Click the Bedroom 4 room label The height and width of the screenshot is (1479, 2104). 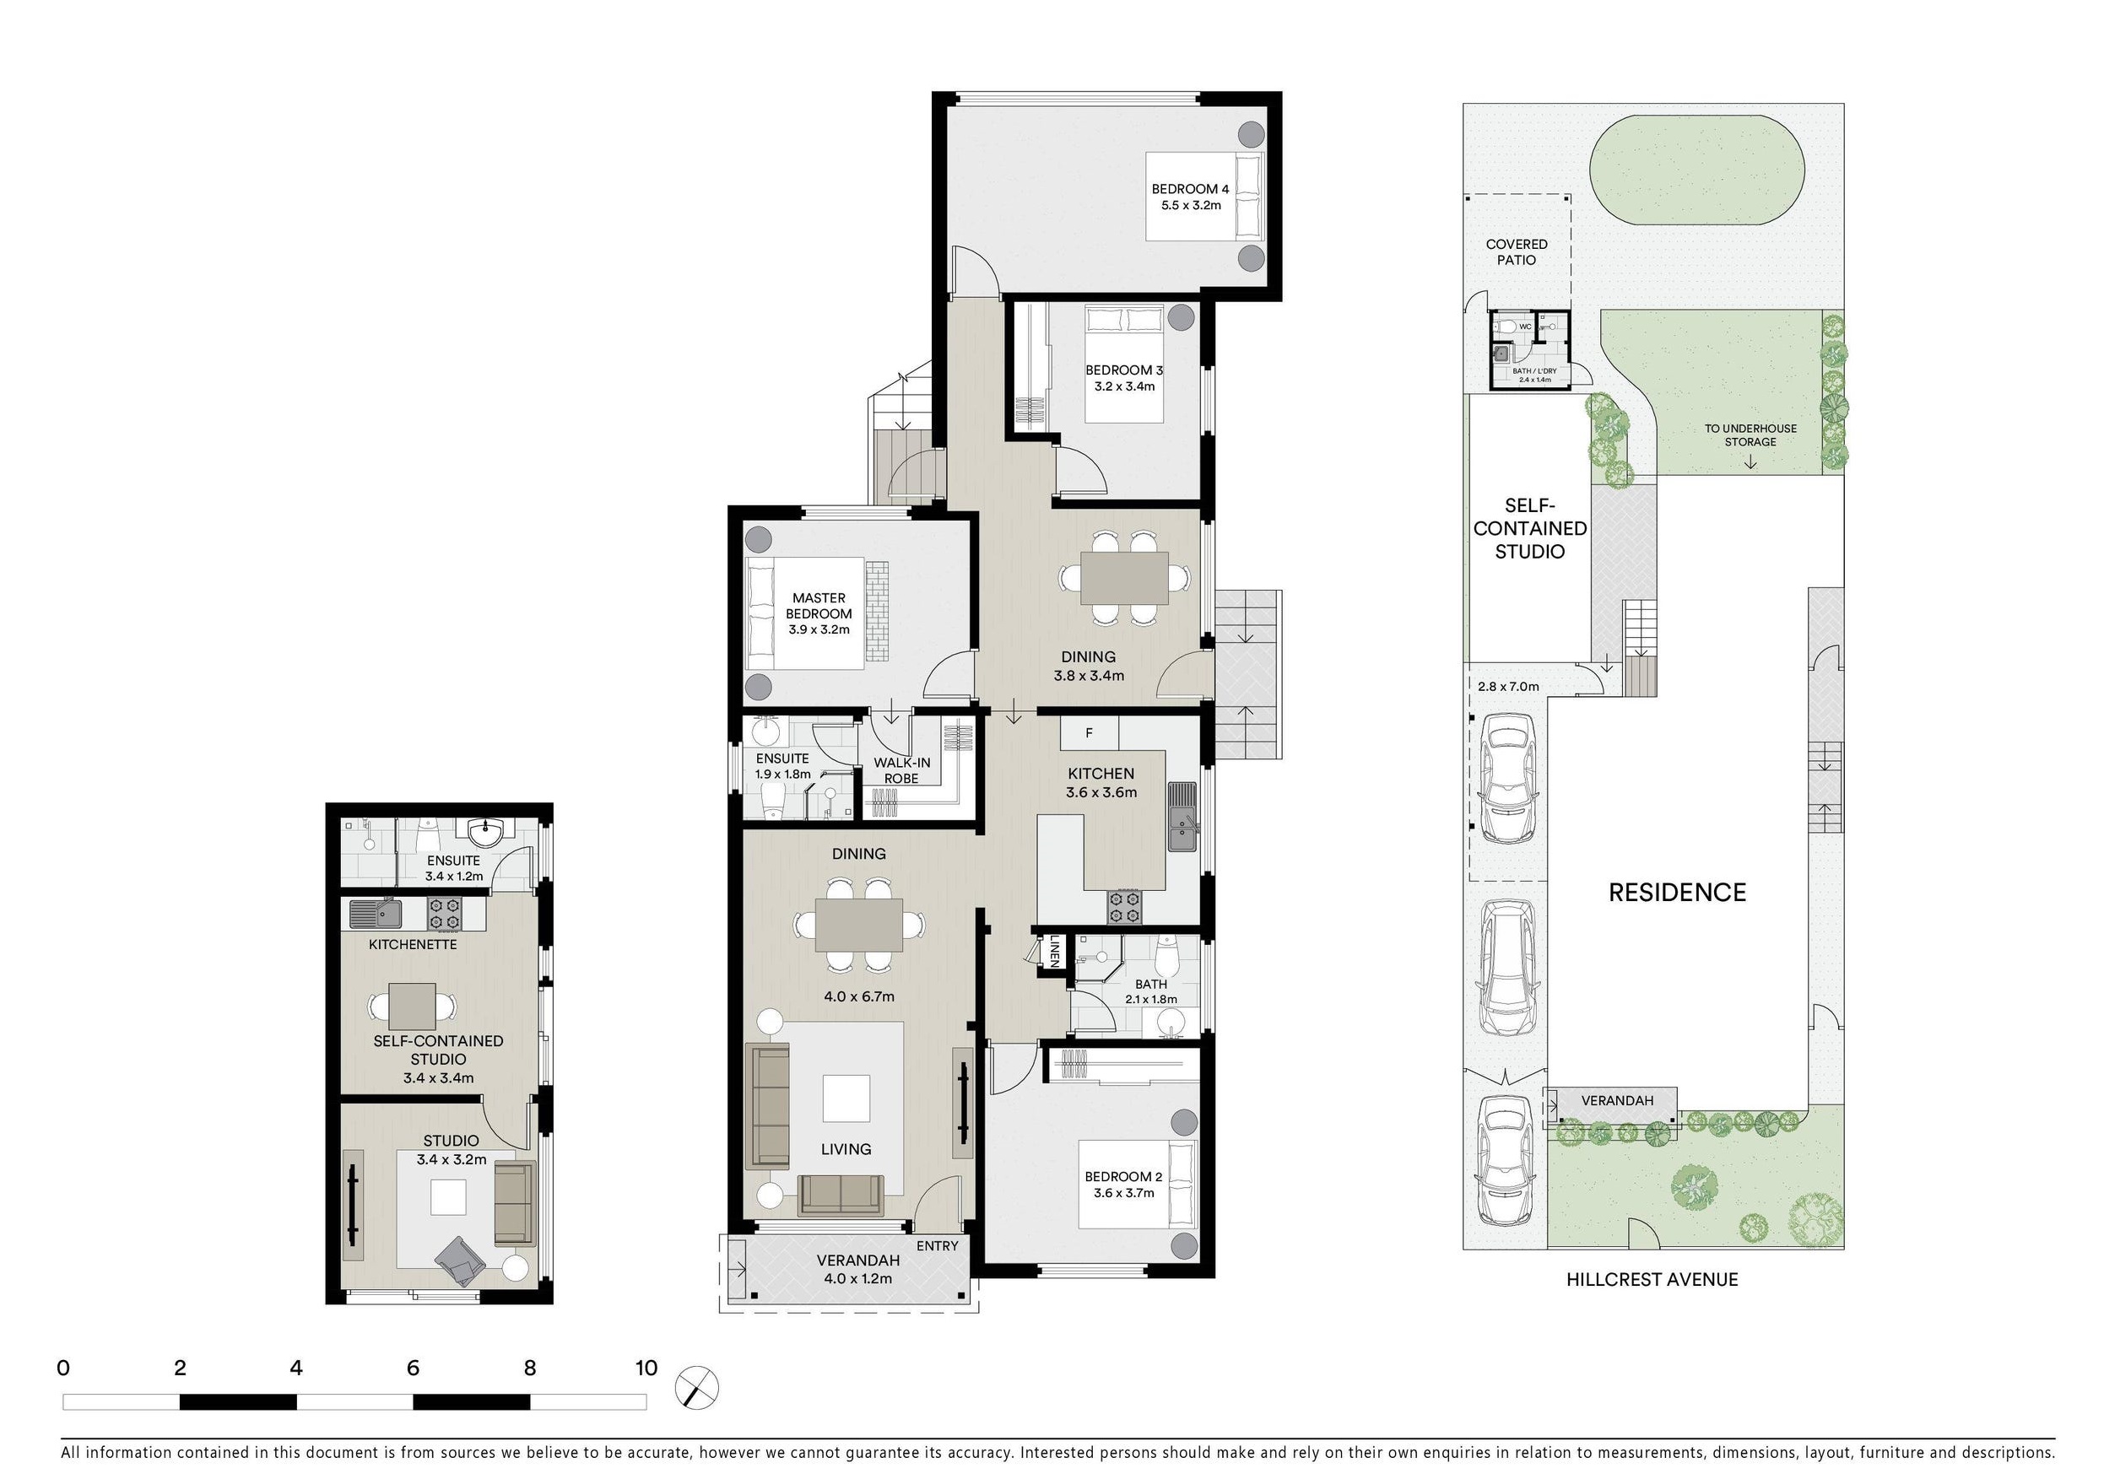pyautogui.click(x=1190, y=197)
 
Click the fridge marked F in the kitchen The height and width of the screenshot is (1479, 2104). pyautogui.click(x=1090, y=733)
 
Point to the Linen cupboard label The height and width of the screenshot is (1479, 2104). pyautogui.click(x=1055, y=951)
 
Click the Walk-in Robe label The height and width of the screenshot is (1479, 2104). pyautogui.click(x=901, y=770)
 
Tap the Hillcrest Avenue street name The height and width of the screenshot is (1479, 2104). pyautogui.click(x=1652, y=1279)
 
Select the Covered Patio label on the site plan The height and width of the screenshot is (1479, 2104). pyautogui.click(x=1517, y=252)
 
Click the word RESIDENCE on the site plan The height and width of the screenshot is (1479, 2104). pyautogui.click(x=1677, y=893)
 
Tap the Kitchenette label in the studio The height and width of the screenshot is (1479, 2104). pyautogui.click(x=413, y=944)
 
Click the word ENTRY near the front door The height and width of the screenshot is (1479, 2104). pyautogui.click(x=937, y=1245)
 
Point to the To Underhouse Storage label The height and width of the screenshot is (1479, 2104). pyautogui.click(x=1750, y=435)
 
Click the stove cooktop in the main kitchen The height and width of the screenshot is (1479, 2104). pyautogui.click(x=1125, y=907)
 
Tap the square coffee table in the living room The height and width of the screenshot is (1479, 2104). pyautogui.click(x=846, y=1098)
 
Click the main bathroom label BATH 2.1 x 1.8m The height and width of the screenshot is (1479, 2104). pyautogui.click(x=1151, y=991)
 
